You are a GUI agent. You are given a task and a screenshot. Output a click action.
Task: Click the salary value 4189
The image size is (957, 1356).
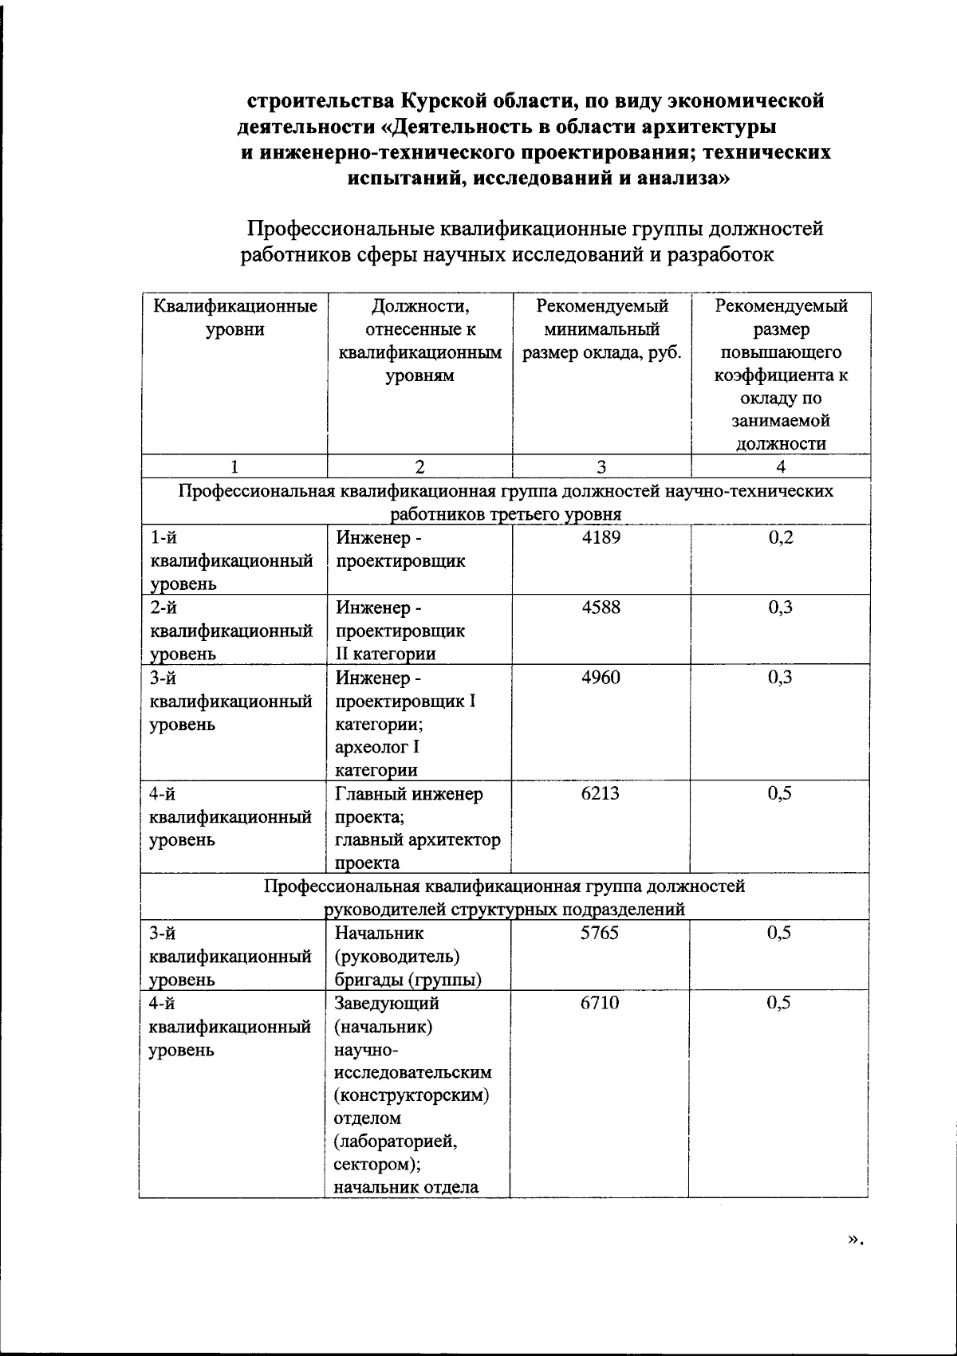click(601, 537)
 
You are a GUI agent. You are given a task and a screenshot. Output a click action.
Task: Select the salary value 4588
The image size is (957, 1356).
click(601, 607)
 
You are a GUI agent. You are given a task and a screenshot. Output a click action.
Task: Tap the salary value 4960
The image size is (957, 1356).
click(601, 678)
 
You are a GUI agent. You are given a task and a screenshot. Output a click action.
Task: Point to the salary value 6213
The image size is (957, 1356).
click(601, 793)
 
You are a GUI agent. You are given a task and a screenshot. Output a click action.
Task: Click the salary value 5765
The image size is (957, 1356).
click(599, 933)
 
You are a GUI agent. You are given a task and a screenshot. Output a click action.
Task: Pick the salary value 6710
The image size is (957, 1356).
click(599, 1003)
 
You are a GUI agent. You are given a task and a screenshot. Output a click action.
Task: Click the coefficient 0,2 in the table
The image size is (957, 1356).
click(781, 537)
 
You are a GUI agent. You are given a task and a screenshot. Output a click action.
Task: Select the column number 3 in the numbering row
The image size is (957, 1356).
click(601, 467)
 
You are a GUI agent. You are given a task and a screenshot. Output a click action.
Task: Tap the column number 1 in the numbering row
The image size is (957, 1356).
click(234, 467)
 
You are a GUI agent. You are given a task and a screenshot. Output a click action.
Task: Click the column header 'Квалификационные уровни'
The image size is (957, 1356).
click(234, 318)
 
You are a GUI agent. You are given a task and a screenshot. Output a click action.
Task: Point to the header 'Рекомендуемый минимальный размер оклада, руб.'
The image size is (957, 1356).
click(601, 329)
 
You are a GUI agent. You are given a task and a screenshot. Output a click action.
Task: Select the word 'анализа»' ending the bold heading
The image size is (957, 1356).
click(681, 178)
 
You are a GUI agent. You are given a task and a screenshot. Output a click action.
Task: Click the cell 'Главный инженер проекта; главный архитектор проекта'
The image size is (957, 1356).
click(417, 828)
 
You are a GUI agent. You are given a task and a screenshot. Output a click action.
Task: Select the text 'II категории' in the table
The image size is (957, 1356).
click(385, 654)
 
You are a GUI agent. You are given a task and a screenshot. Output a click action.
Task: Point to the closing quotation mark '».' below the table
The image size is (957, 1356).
click(856, 1260)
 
